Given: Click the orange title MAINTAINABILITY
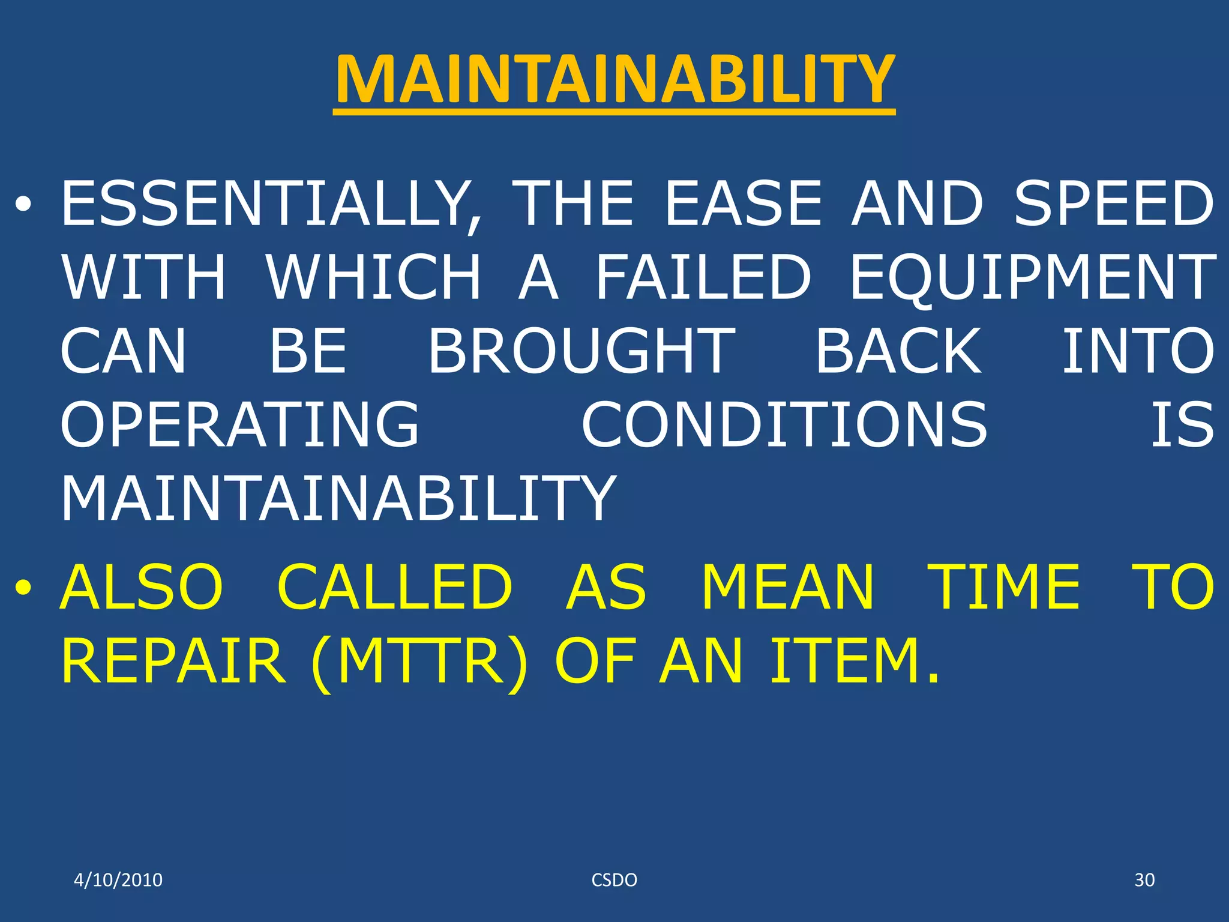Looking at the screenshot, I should pos(614,80).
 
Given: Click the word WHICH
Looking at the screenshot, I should pos(374,277).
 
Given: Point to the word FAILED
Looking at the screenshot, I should pos(703,277).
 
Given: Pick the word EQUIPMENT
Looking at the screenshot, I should pos(1033,277).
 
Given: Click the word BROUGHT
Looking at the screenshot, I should pos(581,351).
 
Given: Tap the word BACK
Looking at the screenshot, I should pos(898,351).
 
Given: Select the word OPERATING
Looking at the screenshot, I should pos(240,425).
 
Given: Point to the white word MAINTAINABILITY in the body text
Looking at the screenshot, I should pos(338,498).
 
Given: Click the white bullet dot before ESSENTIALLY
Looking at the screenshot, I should pos(23,206).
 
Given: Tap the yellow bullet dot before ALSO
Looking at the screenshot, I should pos(23,588).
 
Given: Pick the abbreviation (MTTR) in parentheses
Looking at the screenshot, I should pos(420,661).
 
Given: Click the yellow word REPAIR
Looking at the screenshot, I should pos(173,661).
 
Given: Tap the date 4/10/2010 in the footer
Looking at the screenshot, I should pos(118,880).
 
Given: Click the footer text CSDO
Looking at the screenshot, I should pos(614,880).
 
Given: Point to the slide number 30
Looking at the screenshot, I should pos(1144,880).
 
